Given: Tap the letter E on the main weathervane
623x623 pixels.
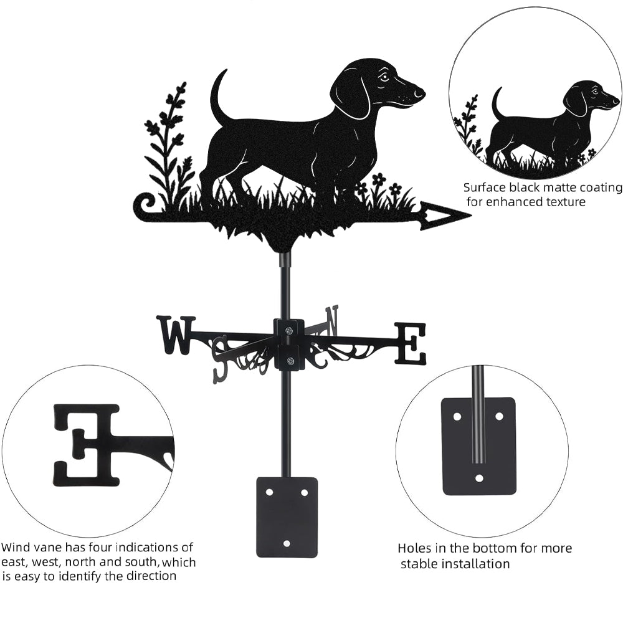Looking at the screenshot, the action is point(410,344).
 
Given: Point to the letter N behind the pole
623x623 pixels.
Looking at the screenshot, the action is point(332,320).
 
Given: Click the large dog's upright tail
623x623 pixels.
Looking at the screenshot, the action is point(219,95).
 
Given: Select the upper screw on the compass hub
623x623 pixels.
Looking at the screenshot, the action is point(289,330).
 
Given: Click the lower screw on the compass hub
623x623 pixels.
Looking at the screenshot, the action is point(289,361).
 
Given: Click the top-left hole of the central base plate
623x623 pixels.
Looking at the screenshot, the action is point(269,492).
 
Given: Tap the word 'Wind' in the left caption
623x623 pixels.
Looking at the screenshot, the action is point(16,547).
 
